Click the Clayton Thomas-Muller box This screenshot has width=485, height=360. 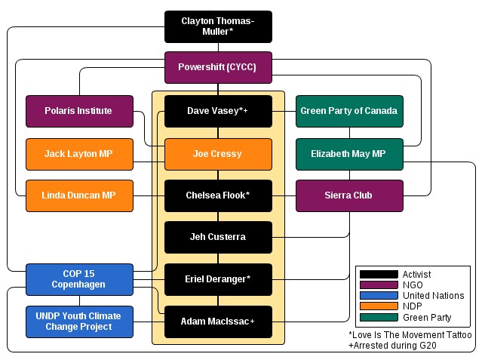tap(218, 26)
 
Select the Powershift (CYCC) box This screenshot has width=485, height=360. tap(218, 67)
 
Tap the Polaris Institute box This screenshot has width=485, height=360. tap(79, 111)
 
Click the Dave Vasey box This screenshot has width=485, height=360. tap(218, 111)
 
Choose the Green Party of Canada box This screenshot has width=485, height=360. tap(349, 111)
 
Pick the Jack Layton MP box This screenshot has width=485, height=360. tap(79, 154)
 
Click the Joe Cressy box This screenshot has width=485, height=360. tap(218, 154)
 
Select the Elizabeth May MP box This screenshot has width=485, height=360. tap(349, 154)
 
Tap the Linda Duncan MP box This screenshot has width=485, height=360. tap(79, 195)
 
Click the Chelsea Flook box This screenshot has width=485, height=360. tap(218, 195)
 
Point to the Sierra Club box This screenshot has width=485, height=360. tap(349, 195)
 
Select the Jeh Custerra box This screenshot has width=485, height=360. tap(218, 237)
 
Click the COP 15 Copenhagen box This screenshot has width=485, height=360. tap(79, 279)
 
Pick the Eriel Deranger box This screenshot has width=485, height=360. tap(218, 279)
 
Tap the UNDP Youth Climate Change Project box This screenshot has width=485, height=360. tap(79, 322)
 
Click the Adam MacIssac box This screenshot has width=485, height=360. tap(218, 322)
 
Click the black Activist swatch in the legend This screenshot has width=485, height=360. tap(379, 275)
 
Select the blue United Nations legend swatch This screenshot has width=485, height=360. tap(379, 296)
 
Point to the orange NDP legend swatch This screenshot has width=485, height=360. tap(379, 306)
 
